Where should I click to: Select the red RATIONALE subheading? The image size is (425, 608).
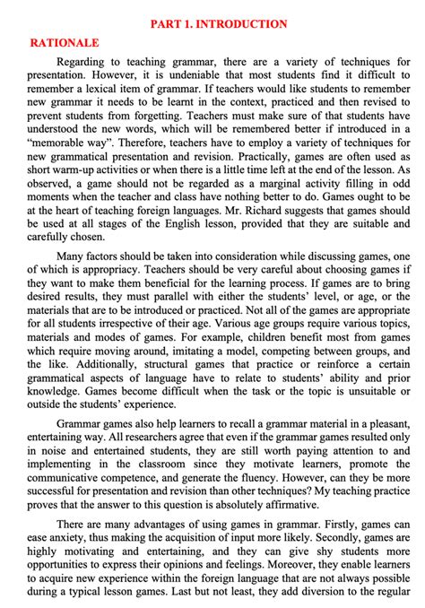[65, 42]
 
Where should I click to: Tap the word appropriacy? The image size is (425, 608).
[135, 269]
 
